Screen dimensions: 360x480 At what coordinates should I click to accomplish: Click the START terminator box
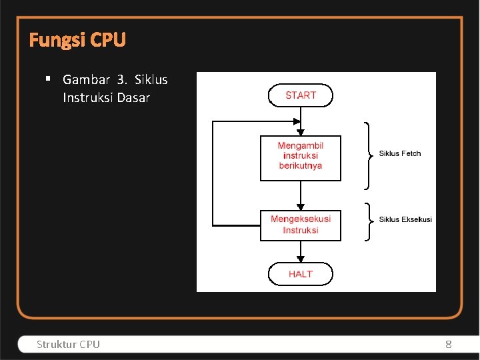tap(300, 95)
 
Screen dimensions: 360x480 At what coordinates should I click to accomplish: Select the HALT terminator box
tap(300, 274)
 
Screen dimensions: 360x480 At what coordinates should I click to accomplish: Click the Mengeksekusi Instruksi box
tap(300, 225)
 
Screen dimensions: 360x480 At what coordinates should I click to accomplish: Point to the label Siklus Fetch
tap(400, 153)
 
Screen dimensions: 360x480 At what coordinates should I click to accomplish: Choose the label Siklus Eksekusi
tap(405, 219)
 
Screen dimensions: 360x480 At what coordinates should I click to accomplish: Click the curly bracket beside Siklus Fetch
tap(368, 155)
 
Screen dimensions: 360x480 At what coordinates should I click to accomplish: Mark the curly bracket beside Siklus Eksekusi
tap(368, 221)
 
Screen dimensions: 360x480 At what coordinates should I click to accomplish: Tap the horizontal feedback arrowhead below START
tap(296, 121)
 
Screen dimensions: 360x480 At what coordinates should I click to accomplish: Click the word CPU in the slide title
tap(108, 41)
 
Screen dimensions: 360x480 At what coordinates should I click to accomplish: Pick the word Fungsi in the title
tap(58, 41)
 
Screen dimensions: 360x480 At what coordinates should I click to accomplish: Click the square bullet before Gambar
tap(49, 79)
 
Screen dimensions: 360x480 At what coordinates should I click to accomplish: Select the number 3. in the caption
tap(121, 79)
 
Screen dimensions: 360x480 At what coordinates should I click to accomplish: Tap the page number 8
tap(448, 344)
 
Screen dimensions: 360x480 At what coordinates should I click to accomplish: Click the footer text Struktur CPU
tap(68, 344)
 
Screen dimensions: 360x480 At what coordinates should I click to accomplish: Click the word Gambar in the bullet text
tap(85, 79)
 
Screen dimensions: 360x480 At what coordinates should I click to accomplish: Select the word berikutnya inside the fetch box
tap(300, 166)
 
